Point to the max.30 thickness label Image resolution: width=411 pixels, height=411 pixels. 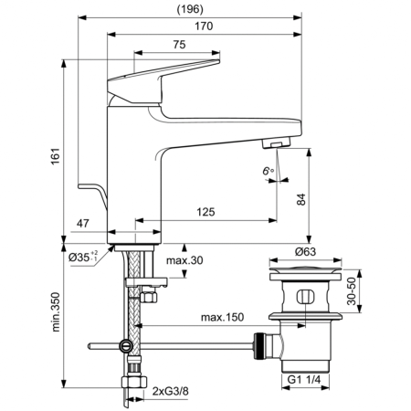click(186, 262)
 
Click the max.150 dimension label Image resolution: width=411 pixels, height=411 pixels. click(222, 318)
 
